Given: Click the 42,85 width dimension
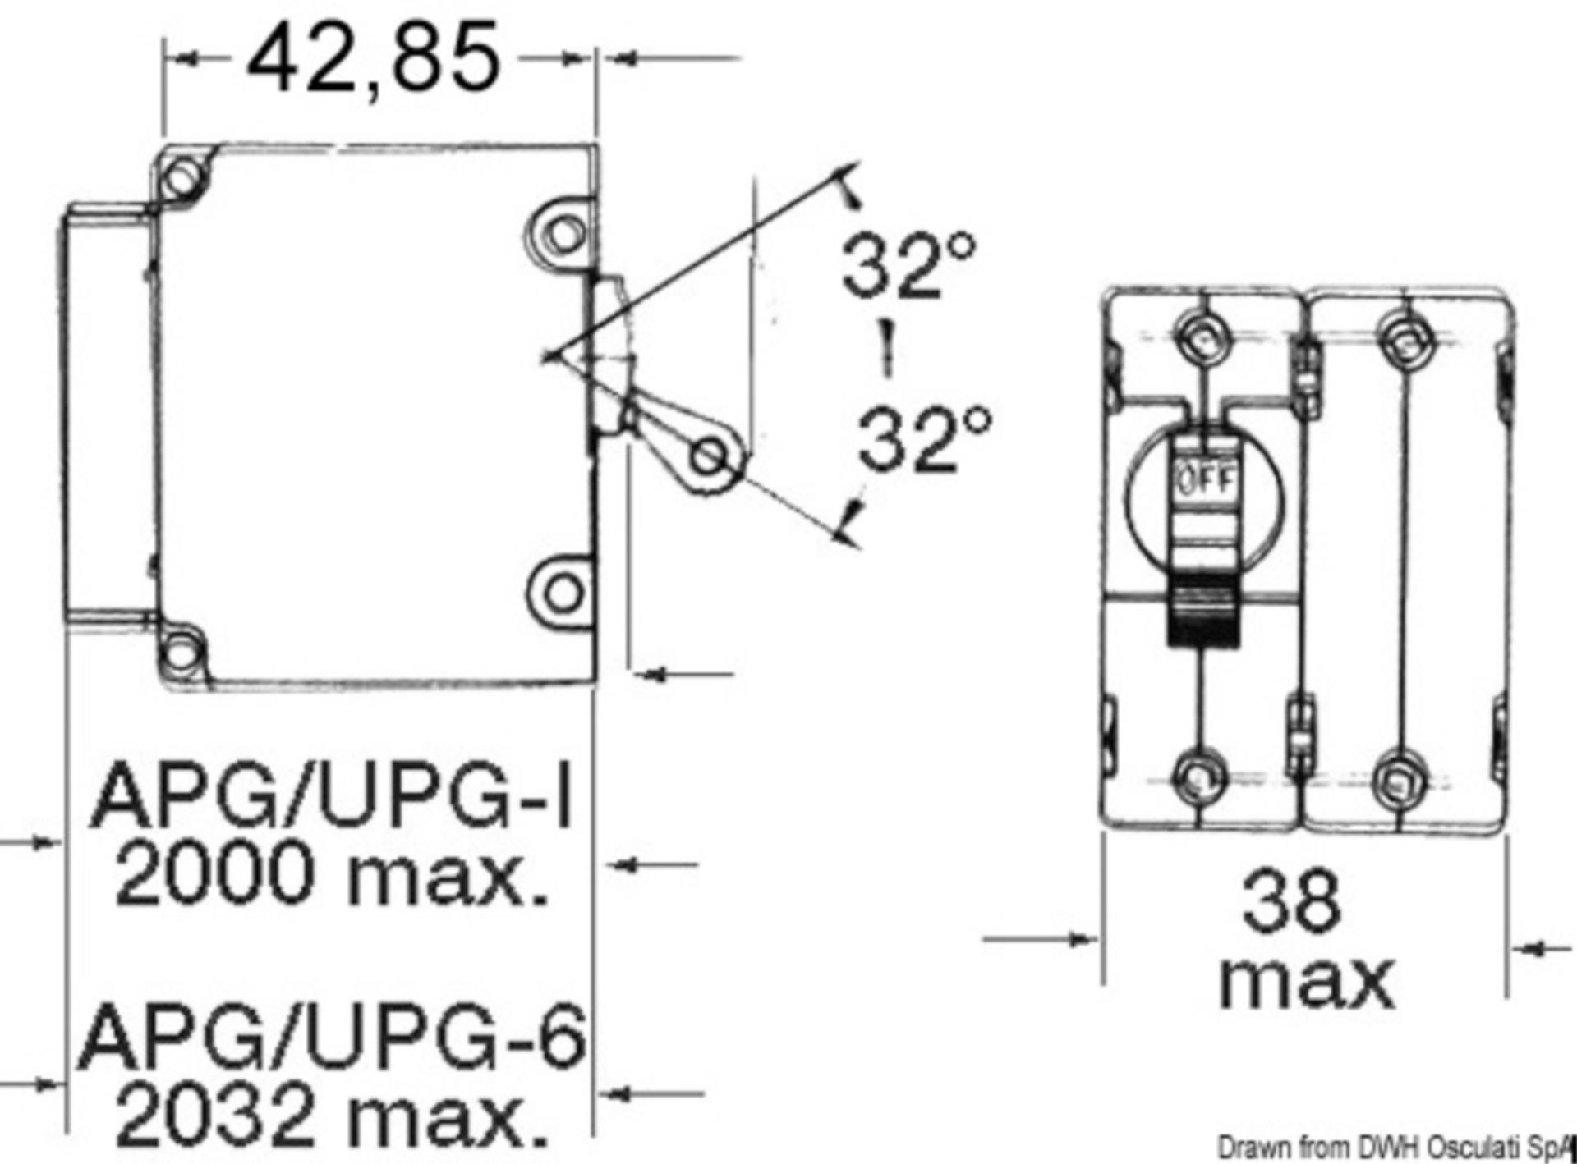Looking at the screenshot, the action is [x=373, y=57].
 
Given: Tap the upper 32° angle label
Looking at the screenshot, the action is [x=909, y=264].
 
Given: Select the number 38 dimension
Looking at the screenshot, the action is [x=1291, y=902].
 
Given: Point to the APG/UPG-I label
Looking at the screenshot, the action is [x=332, y=795].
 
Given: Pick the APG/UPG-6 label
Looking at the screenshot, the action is [x=332, y=1034].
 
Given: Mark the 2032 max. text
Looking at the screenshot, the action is [x=332, y=1114].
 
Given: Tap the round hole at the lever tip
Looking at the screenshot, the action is [x=708, y=456].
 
